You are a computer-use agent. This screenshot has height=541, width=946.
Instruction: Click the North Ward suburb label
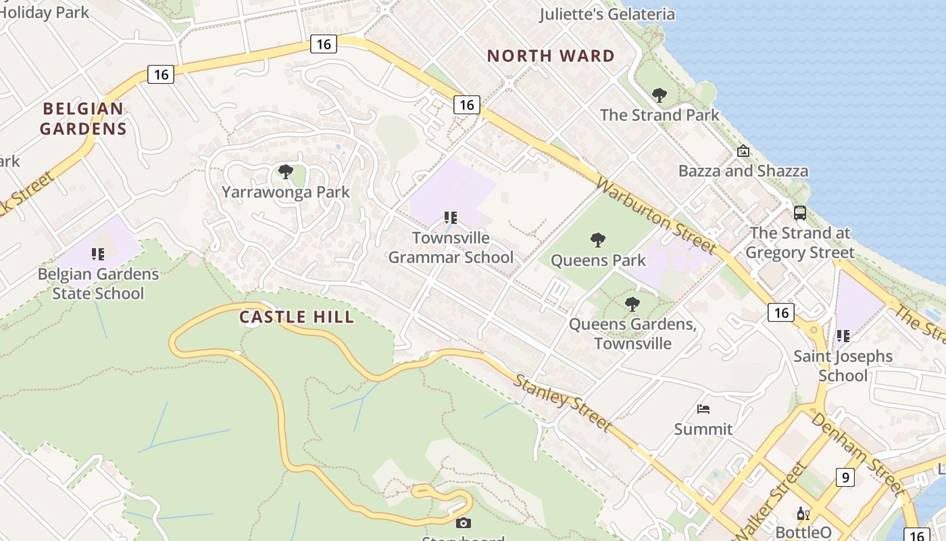click(551, 56)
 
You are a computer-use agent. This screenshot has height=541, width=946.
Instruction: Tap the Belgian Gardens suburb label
click(83, 118)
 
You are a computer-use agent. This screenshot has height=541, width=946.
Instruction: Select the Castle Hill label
click(297, 316)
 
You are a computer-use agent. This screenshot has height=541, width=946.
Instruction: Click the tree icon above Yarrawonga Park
click(286, 171)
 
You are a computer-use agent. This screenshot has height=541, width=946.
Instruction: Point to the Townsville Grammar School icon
click(451, 218)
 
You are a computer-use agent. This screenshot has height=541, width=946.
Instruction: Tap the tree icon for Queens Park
click(597, 239)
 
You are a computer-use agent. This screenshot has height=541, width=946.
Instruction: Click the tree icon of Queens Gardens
click(632, 304)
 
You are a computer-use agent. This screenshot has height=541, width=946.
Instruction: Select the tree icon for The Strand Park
click(659, 95)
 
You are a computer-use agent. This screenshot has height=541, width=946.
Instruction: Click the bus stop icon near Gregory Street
click(800, 212)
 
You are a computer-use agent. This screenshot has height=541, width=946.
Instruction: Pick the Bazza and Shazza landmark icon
click(743, 151)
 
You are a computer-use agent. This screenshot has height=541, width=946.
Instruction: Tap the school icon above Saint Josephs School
click(843, 335)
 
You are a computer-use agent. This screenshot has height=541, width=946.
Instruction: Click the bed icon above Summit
click(703, 408)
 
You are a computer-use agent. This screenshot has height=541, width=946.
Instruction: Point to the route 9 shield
click(845, 477)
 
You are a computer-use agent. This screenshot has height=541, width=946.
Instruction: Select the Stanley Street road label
click(562, 402)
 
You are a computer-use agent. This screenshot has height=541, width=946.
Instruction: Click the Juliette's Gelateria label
click(607, 14)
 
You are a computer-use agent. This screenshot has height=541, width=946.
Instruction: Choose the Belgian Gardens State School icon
click(98, 254)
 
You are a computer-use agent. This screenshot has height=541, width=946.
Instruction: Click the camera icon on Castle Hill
click(463, 523)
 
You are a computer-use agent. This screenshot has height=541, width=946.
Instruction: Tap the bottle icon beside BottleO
click(803, 514)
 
